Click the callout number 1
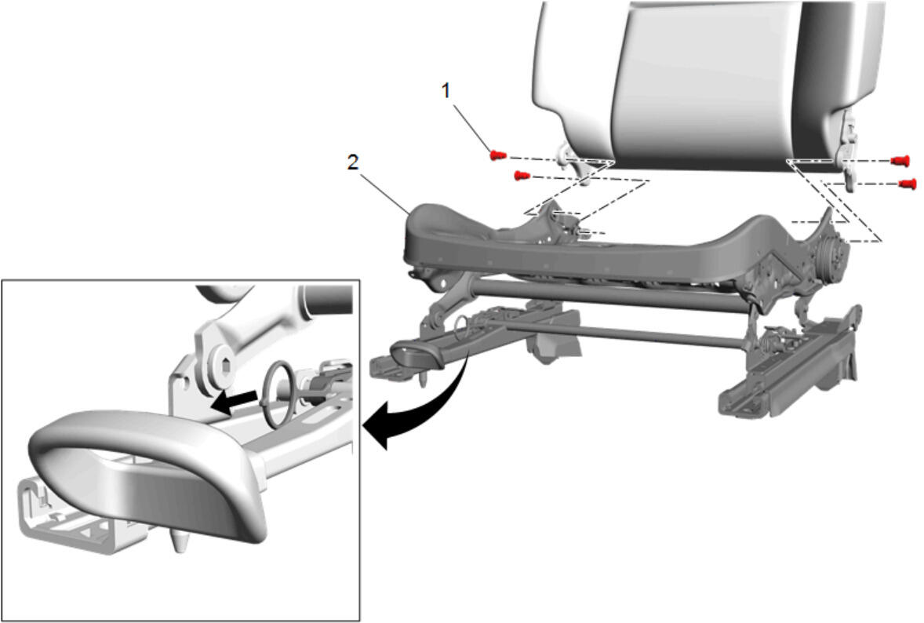point(446,91)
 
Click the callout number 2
point(352,162)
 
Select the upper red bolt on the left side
point(499,155)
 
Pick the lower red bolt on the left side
point(521,175)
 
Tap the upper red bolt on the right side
point(900,160)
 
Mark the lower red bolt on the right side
point(908,184)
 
